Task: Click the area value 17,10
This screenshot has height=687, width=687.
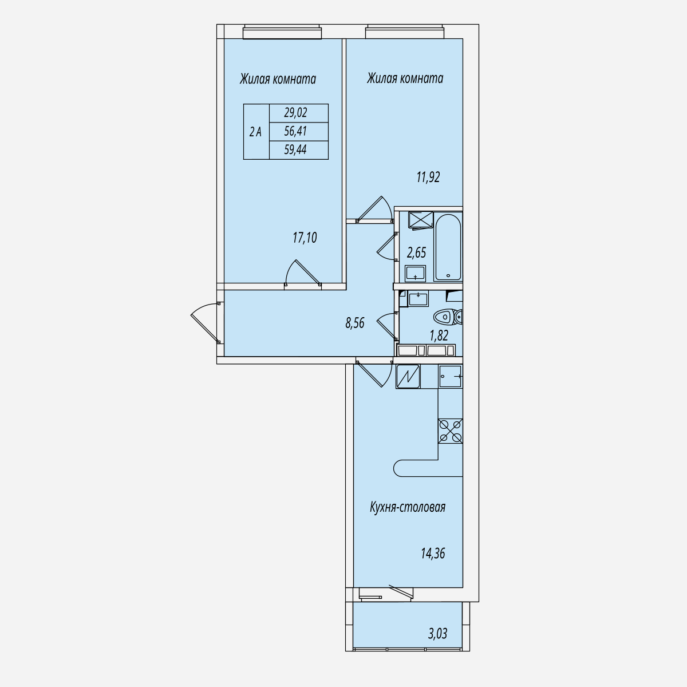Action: click(x=305, y=238)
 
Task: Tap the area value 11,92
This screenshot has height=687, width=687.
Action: click(x=428, y=177)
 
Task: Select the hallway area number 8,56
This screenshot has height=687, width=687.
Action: click(x=355, y=323)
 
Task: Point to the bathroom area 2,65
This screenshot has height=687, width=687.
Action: click(x=416, y=253)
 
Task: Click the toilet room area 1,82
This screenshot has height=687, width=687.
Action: click(x=439, y=336)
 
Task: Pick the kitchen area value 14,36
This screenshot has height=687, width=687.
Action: click(x=433, y=554)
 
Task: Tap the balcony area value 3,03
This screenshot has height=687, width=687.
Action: click(x=437, y=634)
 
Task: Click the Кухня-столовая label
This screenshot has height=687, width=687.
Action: click(x=408, y=507)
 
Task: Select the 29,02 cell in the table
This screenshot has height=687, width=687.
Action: click(x=298, y=113)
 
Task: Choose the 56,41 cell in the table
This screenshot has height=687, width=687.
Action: click(x=298, y=132)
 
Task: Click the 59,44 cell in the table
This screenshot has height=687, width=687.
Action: click(x=298, y=150)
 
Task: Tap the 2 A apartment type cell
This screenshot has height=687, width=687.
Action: click(x=256, y=132)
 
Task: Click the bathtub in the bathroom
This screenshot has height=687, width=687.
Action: click(x=448, y=247)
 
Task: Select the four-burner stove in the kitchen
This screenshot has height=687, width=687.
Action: click(x=451, y=431)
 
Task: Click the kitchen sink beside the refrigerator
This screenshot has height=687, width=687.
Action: click(x=451, y=377)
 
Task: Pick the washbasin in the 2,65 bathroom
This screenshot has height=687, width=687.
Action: click(x=415, y=274)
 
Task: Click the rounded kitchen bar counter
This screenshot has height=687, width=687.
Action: click(x=428, y=468)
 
